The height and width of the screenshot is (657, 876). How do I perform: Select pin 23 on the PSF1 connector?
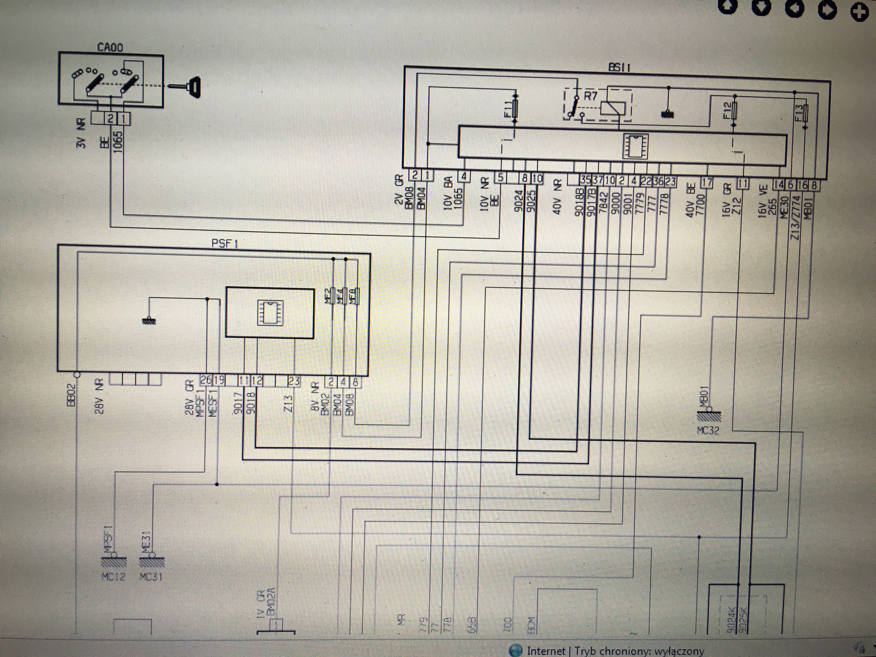(294, 381)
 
